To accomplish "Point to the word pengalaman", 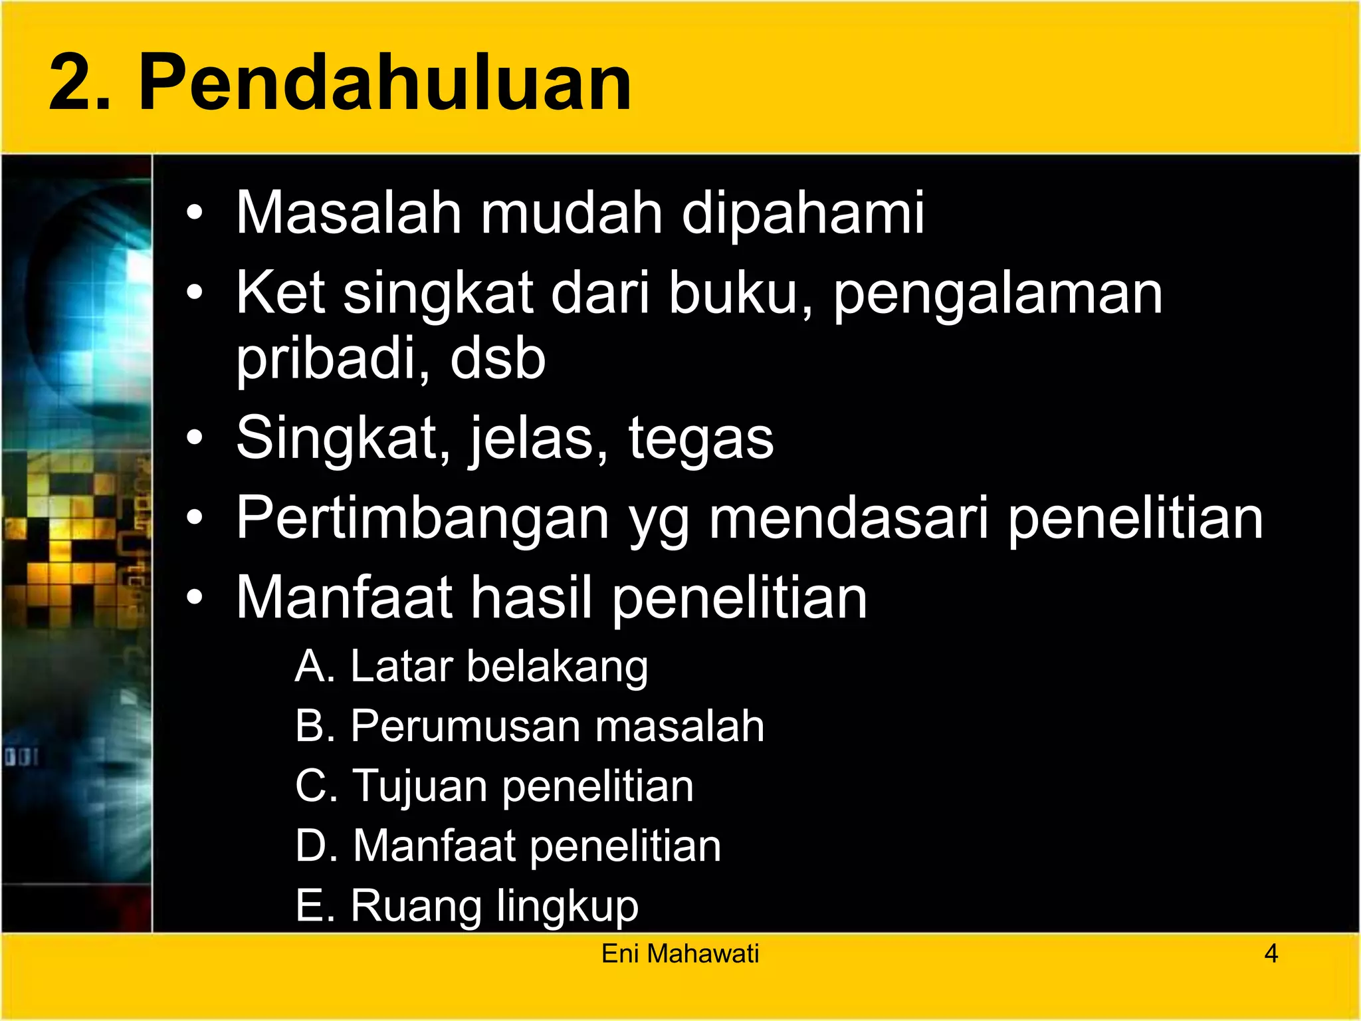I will pyautogui.click(x=997, y=294).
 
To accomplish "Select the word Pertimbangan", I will pyautogui.click(x=423, y=518).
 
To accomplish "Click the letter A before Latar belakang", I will pyautogui.click(x=312, y=666).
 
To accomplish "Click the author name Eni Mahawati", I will pyautogui.click(x=680, y=954).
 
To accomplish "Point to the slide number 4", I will pyautogui.click(x=1271, y=954).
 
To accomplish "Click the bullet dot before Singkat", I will pyautogui.click(x=194, y=438).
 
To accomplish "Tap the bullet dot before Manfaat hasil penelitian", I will pyautogui.click(x=194, y=597).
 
